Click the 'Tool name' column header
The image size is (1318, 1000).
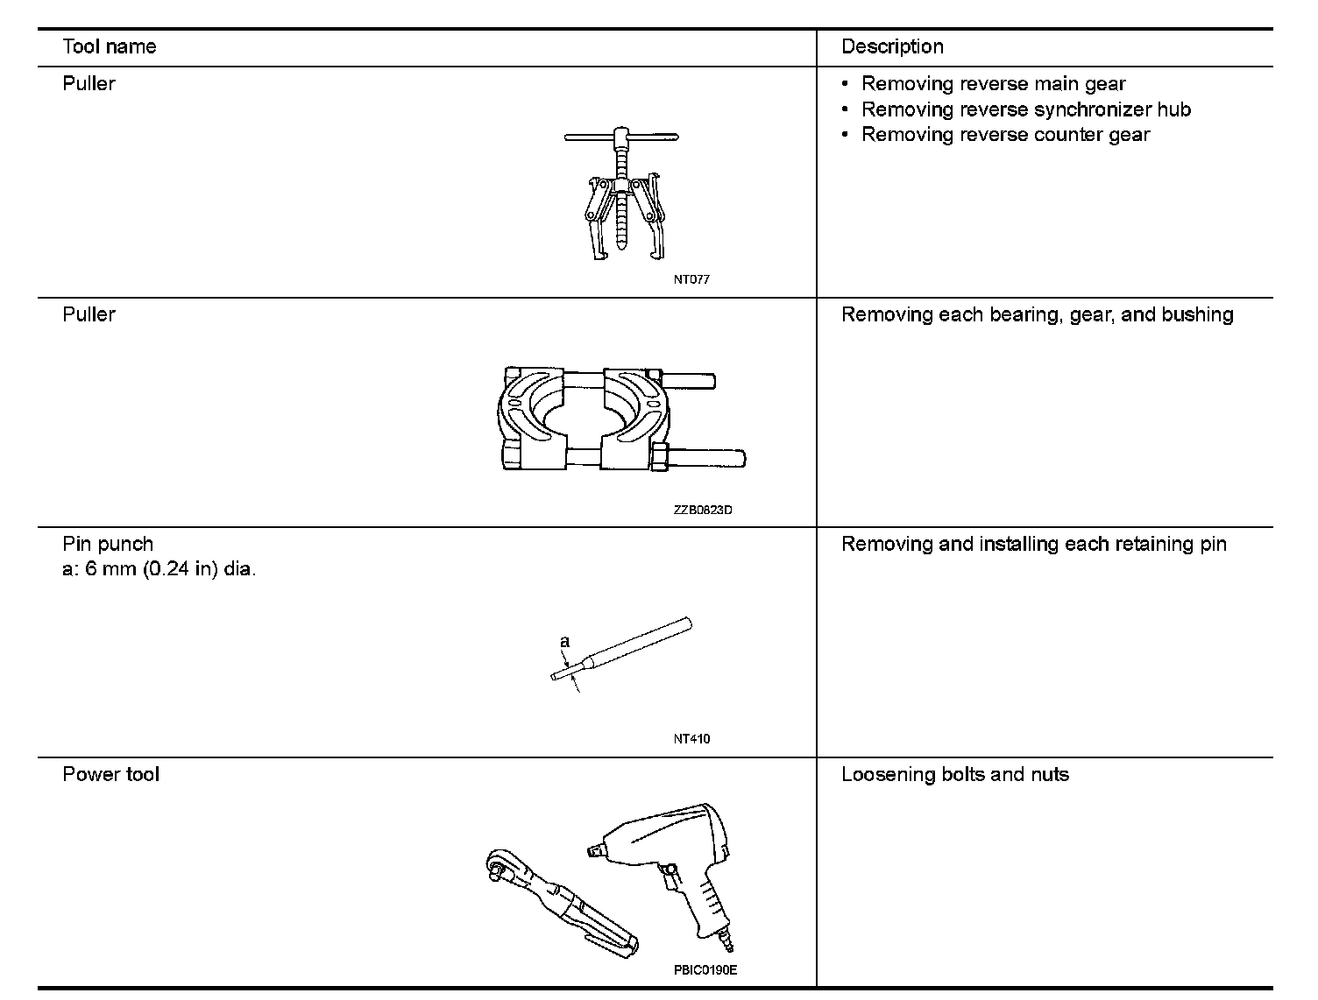point(110,47)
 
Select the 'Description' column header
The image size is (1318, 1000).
point(892,47)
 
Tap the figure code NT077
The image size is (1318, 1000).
point(691,280)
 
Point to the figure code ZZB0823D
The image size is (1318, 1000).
point(703,511)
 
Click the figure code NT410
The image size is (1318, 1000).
point(691,739)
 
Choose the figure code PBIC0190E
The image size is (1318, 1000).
point(705,970)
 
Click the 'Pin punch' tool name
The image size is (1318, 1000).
point(108,545)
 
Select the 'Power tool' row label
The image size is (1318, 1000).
point(111,775)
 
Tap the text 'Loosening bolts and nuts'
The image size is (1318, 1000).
point(954,775)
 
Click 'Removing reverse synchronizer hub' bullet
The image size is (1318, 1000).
point(1025,110)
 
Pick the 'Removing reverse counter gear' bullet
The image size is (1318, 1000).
point(1005,135)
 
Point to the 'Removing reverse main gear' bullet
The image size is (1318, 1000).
point(993,85)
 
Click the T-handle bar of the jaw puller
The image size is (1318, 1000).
point(621,137)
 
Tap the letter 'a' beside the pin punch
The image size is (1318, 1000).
point(565,643)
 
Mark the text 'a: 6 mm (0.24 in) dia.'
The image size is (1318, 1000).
point(159,570)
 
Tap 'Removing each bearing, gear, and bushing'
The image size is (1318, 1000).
point(1037,315)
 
